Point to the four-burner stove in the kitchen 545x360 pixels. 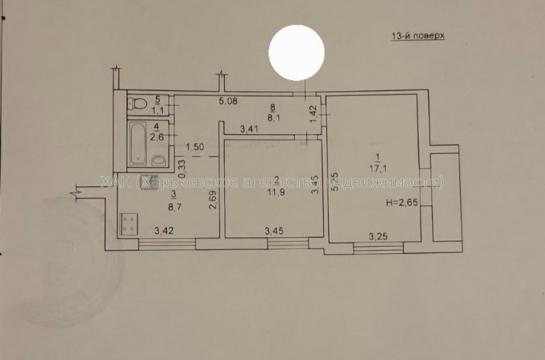(x=128, y=223)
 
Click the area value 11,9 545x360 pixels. (x=276, y=188)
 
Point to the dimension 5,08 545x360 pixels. (x=228, y=101)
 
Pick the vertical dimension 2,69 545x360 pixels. (x=212, y=200)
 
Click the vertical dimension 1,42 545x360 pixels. (x=313, y=115)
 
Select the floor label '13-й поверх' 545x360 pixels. (x=417, y=36)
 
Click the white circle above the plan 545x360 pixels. (x=296, y=53)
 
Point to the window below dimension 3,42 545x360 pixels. (x=167, y=243)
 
